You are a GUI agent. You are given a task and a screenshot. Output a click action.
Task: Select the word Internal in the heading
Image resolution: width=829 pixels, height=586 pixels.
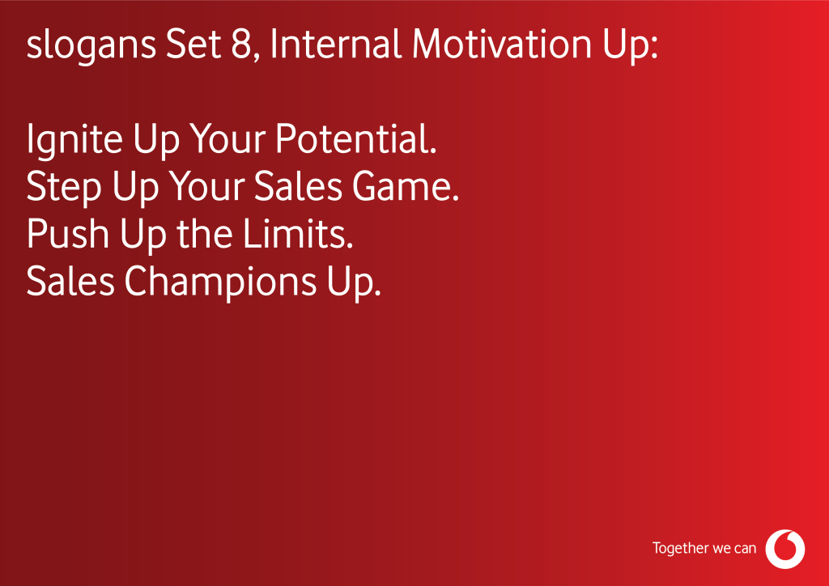(x=336, y=44)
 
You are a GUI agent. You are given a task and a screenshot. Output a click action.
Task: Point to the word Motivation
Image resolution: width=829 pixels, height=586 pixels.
(x=502, y=44)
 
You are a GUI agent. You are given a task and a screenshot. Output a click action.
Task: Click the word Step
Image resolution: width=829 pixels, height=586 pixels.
(x=63, y=187)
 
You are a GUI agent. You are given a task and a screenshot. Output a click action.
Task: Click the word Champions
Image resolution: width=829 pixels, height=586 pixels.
(x=220, y=282)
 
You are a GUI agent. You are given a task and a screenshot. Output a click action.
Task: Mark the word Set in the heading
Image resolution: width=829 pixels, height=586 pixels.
(x=193, y=45)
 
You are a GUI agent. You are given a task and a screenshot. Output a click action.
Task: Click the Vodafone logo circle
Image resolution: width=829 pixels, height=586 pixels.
(x=785, y=549)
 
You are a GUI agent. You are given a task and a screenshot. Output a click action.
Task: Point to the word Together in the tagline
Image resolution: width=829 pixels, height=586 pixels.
(x=680, y=549)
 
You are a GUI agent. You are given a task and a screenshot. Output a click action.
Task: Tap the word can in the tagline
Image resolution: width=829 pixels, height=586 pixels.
(x=746, y=549)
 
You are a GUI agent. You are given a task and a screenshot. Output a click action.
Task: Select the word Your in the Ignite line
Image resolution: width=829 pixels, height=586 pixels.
(x=227, y=138)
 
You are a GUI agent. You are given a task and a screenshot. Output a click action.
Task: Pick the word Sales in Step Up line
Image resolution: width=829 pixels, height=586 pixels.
(x=298, y=186)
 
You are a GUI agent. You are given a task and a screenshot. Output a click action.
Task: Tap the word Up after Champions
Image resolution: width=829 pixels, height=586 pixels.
(x=354, y=282)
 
